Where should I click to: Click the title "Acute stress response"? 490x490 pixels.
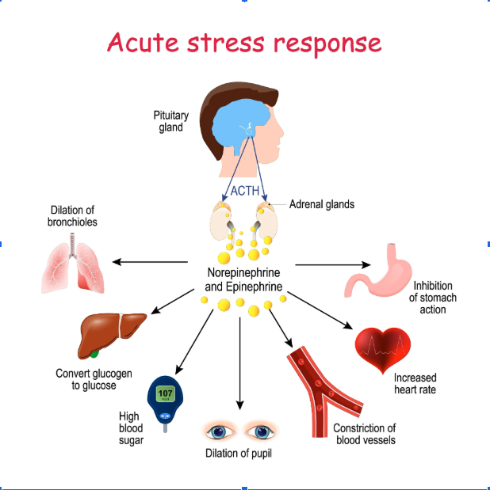(x=244, y=43)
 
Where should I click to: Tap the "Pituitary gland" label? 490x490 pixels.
(x=170, y=121)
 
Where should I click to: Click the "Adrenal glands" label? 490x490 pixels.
(x=321, y=204)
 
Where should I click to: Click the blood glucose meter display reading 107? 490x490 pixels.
(x=165, y=393)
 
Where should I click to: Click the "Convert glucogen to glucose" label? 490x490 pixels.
(x=94, y=379)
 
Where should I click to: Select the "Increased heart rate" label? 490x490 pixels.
(x=415, y=384)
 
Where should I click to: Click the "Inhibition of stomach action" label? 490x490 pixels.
(x=432, y=298)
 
